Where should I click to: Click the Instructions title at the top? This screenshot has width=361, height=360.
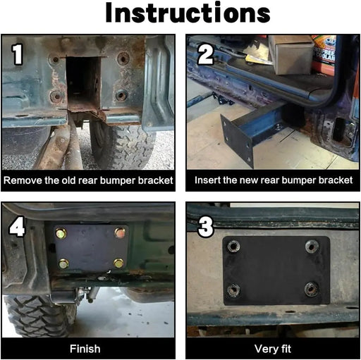click(x=188, y=13)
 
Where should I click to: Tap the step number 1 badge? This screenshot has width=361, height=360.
click(x=17, y=54)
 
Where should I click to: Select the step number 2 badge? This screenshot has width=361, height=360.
click(x=206, y=54)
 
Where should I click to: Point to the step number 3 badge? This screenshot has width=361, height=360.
click(x=206, y=226)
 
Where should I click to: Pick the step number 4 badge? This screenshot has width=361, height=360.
click(x=17, y=226)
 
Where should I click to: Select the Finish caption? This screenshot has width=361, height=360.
click(x=85, y=349)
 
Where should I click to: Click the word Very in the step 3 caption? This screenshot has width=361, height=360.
click(x=264, y=349)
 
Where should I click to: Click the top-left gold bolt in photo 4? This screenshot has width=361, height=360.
click(x=61, y=233)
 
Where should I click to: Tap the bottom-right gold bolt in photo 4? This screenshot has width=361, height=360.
click(x=118, y=263)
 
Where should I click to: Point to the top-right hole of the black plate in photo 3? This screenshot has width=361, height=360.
click(x=312, y=247)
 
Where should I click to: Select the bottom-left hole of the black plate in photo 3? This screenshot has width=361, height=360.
click(x=233, y=290)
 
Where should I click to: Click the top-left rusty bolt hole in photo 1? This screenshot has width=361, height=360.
click(x=56, y=60)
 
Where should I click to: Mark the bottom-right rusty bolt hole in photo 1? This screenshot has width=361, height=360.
click(x=121, y=95)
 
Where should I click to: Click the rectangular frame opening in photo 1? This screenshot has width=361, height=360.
click(x=83, y=82)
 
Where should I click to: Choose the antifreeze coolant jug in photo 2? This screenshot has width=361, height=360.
click(x=324, y=55)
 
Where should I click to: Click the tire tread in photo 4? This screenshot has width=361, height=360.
click(x=37, y=316)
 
